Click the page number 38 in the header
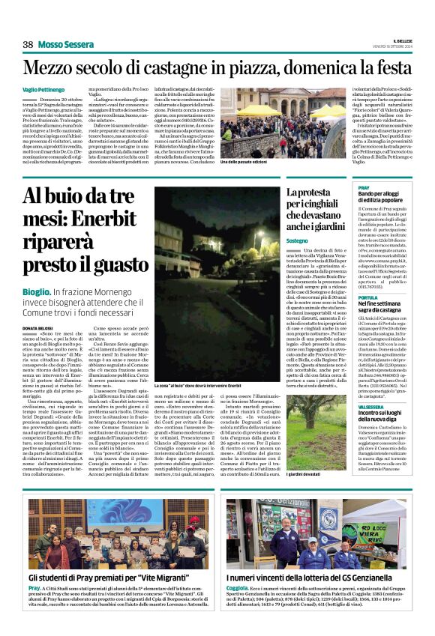point(28,45)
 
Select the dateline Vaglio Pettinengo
point(42,89)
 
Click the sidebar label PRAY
point(364,187)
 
